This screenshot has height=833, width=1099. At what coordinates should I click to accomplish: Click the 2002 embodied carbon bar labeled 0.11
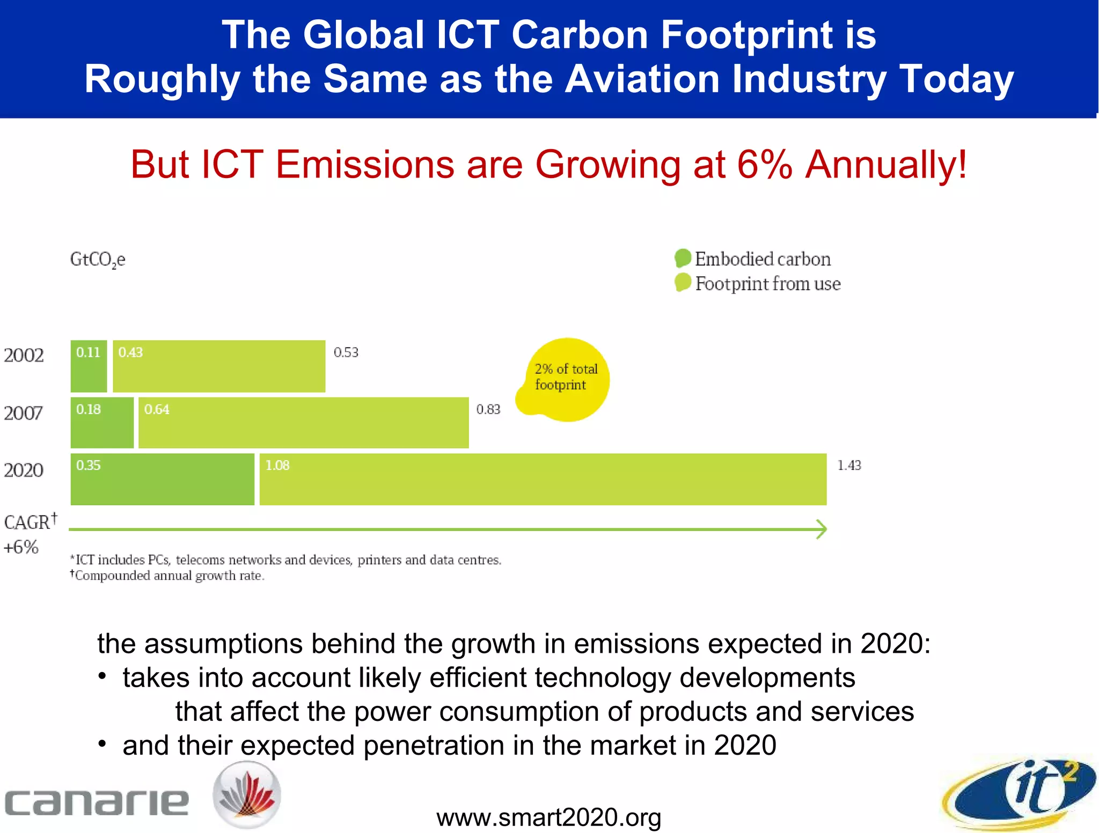tap(89, 366)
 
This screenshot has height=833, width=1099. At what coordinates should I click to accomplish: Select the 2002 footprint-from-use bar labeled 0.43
tap(219, 366)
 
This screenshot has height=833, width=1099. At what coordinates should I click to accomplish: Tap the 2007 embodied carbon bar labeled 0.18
tap(102, 423)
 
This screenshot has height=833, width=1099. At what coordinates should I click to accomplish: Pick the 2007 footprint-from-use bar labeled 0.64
tap(303, 423)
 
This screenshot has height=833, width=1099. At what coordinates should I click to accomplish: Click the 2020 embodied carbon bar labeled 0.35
tap(162, 480)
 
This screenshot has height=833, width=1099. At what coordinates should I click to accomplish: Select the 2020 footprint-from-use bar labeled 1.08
tap(543, 480)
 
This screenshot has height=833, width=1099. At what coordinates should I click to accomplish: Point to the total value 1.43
tap(849, 466)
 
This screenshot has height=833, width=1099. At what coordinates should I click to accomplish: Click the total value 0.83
tap(488, 410)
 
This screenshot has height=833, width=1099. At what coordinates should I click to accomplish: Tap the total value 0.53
tap(346, 352)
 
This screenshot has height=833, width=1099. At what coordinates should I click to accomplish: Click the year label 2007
tap(23, 413)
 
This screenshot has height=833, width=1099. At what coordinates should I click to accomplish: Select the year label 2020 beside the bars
tap(23, 470)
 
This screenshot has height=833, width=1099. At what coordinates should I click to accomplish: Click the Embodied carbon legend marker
tap(683, 258)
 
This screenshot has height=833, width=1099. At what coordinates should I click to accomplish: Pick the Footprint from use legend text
tap(767, 284)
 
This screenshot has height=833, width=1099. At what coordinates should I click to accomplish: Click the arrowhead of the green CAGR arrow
tap(821, 529)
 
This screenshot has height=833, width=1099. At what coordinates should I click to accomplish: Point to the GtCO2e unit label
tap(98, 260)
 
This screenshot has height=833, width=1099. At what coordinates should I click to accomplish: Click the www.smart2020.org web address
tap(548, 817)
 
